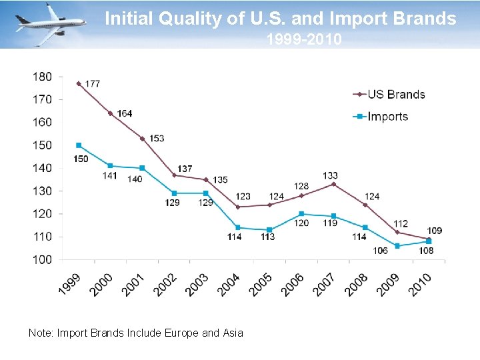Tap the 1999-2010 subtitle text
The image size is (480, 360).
coord(304,40)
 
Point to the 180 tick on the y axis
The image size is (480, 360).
coord(41,77)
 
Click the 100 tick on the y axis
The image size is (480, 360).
coord(41,259)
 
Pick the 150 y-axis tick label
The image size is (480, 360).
coord(41,145)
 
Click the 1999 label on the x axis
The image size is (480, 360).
coord(70,284)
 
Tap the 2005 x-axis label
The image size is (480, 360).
coord(260,285)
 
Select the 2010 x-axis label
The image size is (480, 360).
coord(420,285)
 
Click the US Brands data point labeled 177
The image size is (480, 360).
coord(79,83)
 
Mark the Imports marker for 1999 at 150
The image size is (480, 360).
coord(79,145)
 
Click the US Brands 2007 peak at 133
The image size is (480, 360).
coord(333,184)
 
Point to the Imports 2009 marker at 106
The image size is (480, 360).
coord(397,246)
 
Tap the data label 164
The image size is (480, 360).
coord(125,113)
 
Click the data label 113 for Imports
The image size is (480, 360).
coord(268,237)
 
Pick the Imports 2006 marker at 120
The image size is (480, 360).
coord(301,214)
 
